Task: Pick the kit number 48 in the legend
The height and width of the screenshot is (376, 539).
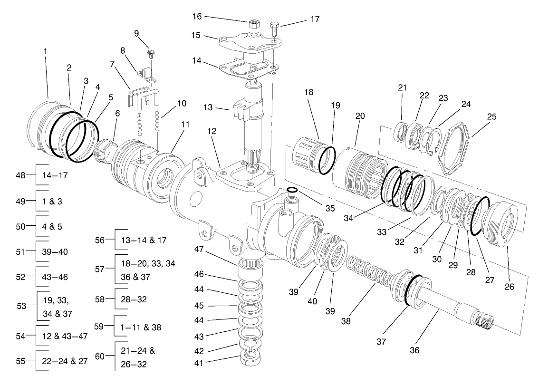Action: click(20, 175)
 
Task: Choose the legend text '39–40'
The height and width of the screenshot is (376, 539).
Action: click(54, 251)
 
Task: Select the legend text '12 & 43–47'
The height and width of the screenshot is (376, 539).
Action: click(64, 336)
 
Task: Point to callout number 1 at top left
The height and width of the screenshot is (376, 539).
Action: click(46, 50)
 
